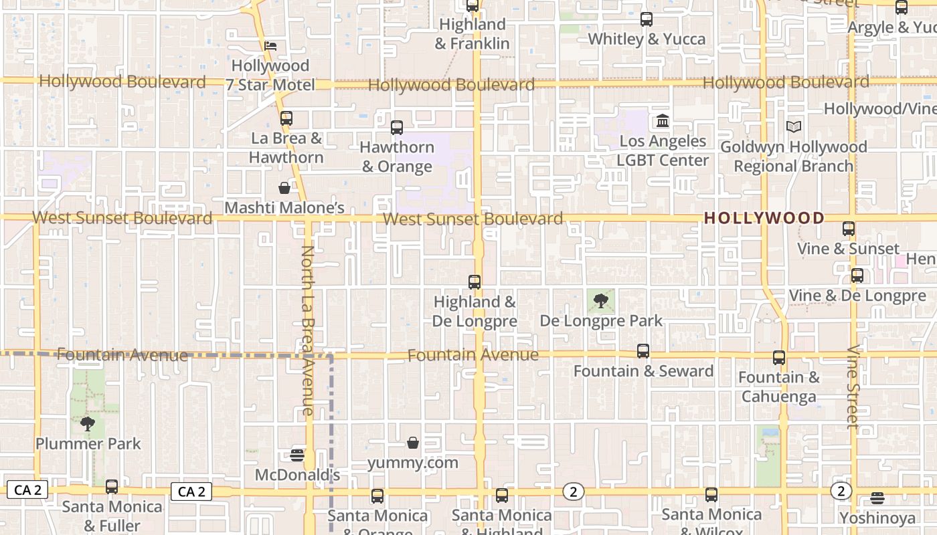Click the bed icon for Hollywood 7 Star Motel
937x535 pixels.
pos(270,46)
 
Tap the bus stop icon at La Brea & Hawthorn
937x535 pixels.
pos(286,118)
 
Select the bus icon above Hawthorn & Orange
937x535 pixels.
pos(397,127)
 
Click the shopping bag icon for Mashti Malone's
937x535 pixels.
pos(284,188)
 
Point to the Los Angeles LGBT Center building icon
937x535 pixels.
pos(663,121)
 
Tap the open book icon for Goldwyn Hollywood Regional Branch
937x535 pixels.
pos(794,126)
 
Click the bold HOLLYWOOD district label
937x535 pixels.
pos(764,218)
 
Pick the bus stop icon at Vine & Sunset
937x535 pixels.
pos(849,229)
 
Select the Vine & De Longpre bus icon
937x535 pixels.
pos(857,276)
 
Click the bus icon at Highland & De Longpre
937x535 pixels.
pos(475,282)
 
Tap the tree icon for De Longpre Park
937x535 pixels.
pos(601,300)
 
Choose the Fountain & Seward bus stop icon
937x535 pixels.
pos(643,351)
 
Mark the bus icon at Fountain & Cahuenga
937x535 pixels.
pos(779,358)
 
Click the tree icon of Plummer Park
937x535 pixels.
pos(88,423)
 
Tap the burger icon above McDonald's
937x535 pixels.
pos(298,455)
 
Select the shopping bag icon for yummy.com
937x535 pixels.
pos(413,443)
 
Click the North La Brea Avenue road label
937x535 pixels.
pos(307,330)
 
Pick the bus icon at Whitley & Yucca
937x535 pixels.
pos(647,19)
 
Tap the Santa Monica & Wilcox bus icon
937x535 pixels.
pos(711,495)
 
